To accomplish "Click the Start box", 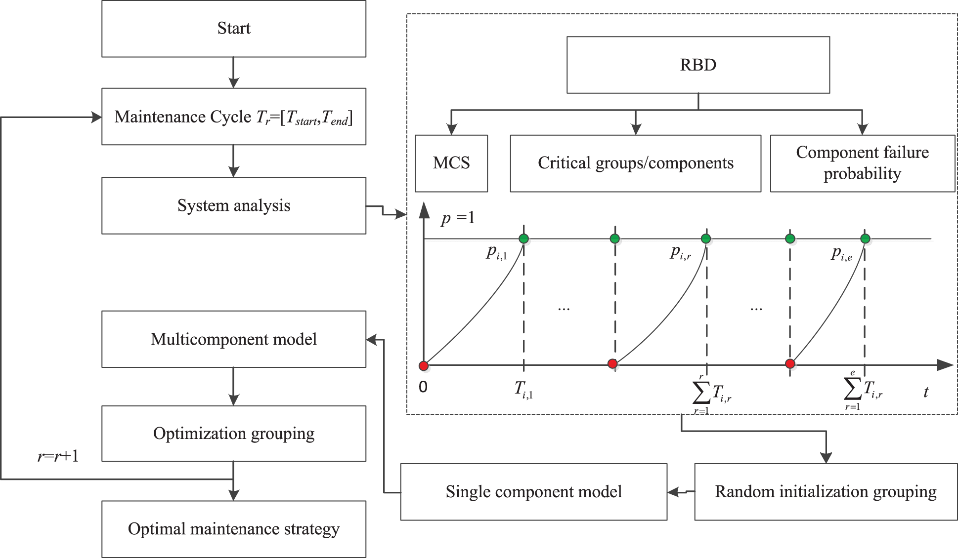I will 234,29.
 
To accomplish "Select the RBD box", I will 697,65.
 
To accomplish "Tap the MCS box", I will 451,163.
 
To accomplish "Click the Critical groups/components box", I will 635,163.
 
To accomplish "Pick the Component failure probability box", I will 862,163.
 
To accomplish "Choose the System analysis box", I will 234,205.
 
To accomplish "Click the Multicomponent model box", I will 234,339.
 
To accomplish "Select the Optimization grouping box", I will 234,434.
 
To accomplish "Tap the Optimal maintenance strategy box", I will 234,529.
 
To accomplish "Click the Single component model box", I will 533,492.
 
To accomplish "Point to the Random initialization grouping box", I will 826,492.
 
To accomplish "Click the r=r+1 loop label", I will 58,456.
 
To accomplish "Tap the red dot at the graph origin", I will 424,366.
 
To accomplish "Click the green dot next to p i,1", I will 524,239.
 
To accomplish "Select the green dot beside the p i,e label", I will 865,239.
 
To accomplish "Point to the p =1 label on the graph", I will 457,218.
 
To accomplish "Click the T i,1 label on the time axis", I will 523,390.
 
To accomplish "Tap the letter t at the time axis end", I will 925,392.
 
